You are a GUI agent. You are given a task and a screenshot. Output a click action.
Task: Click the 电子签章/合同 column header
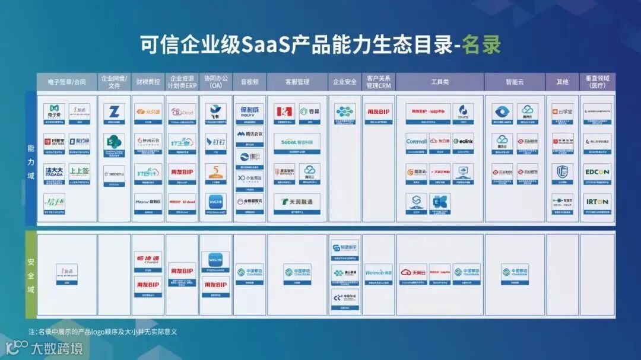[x=66, y=82]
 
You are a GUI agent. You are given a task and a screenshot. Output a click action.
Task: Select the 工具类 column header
[x=440, y=82]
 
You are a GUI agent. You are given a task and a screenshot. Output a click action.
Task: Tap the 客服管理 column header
[x=297, y=82]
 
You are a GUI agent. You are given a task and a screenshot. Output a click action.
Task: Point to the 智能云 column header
[x=515, y=82]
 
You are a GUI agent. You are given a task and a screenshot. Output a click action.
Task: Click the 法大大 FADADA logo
[x=54, y=171]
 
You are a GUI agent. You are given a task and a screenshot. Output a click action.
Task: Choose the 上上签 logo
[x=80, y=171]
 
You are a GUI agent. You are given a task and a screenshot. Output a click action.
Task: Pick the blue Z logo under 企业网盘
[x=114, y=111]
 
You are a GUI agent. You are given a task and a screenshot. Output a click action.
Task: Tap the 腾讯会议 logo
[x=249, y=134]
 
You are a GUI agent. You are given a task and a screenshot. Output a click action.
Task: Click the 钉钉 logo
[x=216, y=142]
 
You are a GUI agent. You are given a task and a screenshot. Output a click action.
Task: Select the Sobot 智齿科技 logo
[x=297, y=142]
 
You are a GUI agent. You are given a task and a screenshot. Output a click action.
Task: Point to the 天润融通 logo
[x=297, y=202]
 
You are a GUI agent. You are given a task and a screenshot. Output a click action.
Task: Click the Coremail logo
[x=417, y=142]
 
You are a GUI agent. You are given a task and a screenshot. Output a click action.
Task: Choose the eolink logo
[x=463, y=142]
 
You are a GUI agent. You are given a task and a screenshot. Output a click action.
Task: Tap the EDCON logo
[x=596, y=172]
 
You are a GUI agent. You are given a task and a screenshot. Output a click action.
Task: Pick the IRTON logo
[x=596, y=202]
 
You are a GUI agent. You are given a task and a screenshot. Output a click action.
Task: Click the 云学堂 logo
[x=562, y=111]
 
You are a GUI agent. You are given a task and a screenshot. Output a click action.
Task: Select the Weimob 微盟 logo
[x=379, y=272]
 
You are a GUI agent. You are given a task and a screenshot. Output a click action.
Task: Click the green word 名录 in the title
[x=481, y=45]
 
